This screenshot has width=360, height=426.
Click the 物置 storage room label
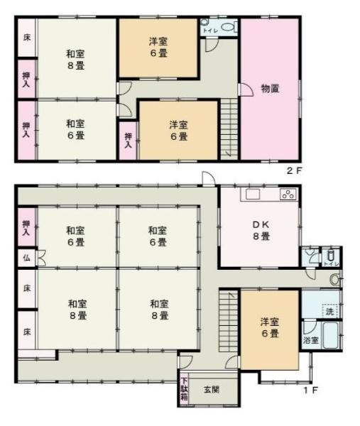click(269, 89)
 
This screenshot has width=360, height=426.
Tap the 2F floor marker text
click(293, 171)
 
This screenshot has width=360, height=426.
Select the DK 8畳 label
click(260, 231)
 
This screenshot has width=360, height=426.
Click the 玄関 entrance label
click(212, 389)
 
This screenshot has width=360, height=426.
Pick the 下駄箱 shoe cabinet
click(184, 388)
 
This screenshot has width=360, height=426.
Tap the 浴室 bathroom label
click(310, 341)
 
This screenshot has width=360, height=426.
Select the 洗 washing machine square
click(329, 310)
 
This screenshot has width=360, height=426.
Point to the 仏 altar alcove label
click(25, 256)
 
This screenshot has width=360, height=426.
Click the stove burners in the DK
click(288, 194)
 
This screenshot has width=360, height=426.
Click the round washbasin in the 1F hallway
click(334, 279)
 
